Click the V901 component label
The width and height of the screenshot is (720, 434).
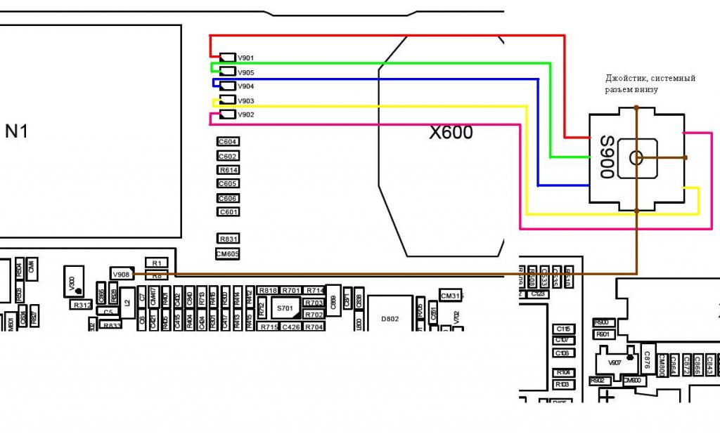click(x=245, y=58)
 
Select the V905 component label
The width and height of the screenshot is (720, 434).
click(x=245, y=72)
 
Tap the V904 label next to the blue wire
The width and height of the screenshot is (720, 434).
click(x=245, y=86)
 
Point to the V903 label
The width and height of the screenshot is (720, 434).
click(x=245, y=101)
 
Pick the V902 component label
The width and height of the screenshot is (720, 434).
click(x=245, y=114)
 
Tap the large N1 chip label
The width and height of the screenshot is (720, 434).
click(x=17, y=131)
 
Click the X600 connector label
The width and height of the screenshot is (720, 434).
click(x=451, y=132)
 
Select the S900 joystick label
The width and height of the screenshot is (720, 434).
click(x=607, y=157)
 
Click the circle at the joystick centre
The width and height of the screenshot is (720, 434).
click(x=636, y=157)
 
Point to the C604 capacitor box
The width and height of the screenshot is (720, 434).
click(x=228, y=142)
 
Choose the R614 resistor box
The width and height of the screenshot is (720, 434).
click(x=229, y=170)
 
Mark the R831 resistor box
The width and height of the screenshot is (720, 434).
click(x=229, y=239)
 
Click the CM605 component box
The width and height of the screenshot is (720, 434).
click(x=228, y=254)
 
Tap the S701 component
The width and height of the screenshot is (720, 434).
click(x=285, y=308)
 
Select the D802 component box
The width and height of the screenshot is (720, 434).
click(x=390, y=319)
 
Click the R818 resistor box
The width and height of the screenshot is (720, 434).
click(x=268, y=290)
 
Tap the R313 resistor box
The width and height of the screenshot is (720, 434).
click(x=82, y=305)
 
